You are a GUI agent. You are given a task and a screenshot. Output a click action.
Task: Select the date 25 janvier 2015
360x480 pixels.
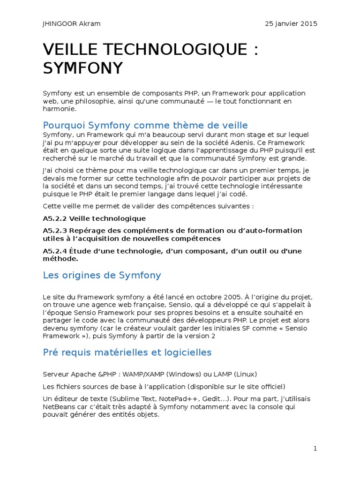pos(291,24)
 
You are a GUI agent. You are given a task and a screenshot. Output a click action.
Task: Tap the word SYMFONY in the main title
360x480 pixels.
pos(82,68)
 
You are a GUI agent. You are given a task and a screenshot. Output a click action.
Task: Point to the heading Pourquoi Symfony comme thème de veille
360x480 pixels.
pos(145,125)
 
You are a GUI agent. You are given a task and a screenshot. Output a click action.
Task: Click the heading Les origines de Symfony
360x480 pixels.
pos(102,275)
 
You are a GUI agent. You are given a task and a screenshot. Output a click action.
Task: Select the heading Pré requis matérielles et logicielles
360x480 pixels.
pos(127,352)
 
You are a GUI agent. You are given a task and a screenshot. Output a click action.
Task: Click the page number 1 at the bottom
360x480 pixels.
pos(315,449)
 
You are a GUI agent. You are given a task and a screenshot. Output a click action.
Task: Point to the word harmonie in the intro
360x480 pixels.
pos(59,109)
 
